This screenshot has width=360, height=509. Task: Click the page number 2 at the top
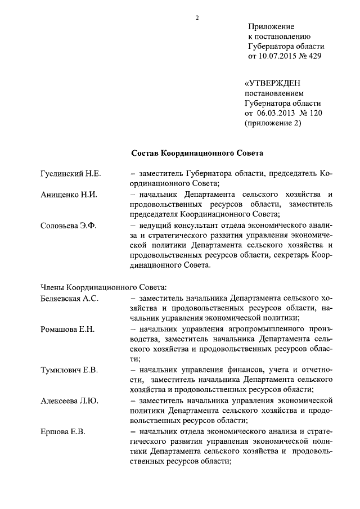point(197,17)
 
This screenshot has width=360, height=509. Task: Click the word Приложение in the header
point(271,26)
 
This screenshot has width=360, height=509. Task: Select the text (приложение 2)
point(273,124)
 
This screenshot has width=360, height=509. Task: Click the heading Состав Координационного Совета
point(197,152)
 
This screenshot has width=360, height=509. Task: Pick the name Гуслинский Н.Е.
point(71,174)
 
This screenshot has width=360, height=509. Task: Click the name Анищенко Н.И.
point(70,195)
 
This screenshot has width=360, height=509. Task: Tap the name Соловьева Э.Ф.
point(69,226)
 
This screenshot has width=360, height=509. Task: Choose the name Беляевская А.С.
point(70,298)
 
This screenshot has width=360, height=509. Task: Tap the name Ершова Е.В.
point(62,431)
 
